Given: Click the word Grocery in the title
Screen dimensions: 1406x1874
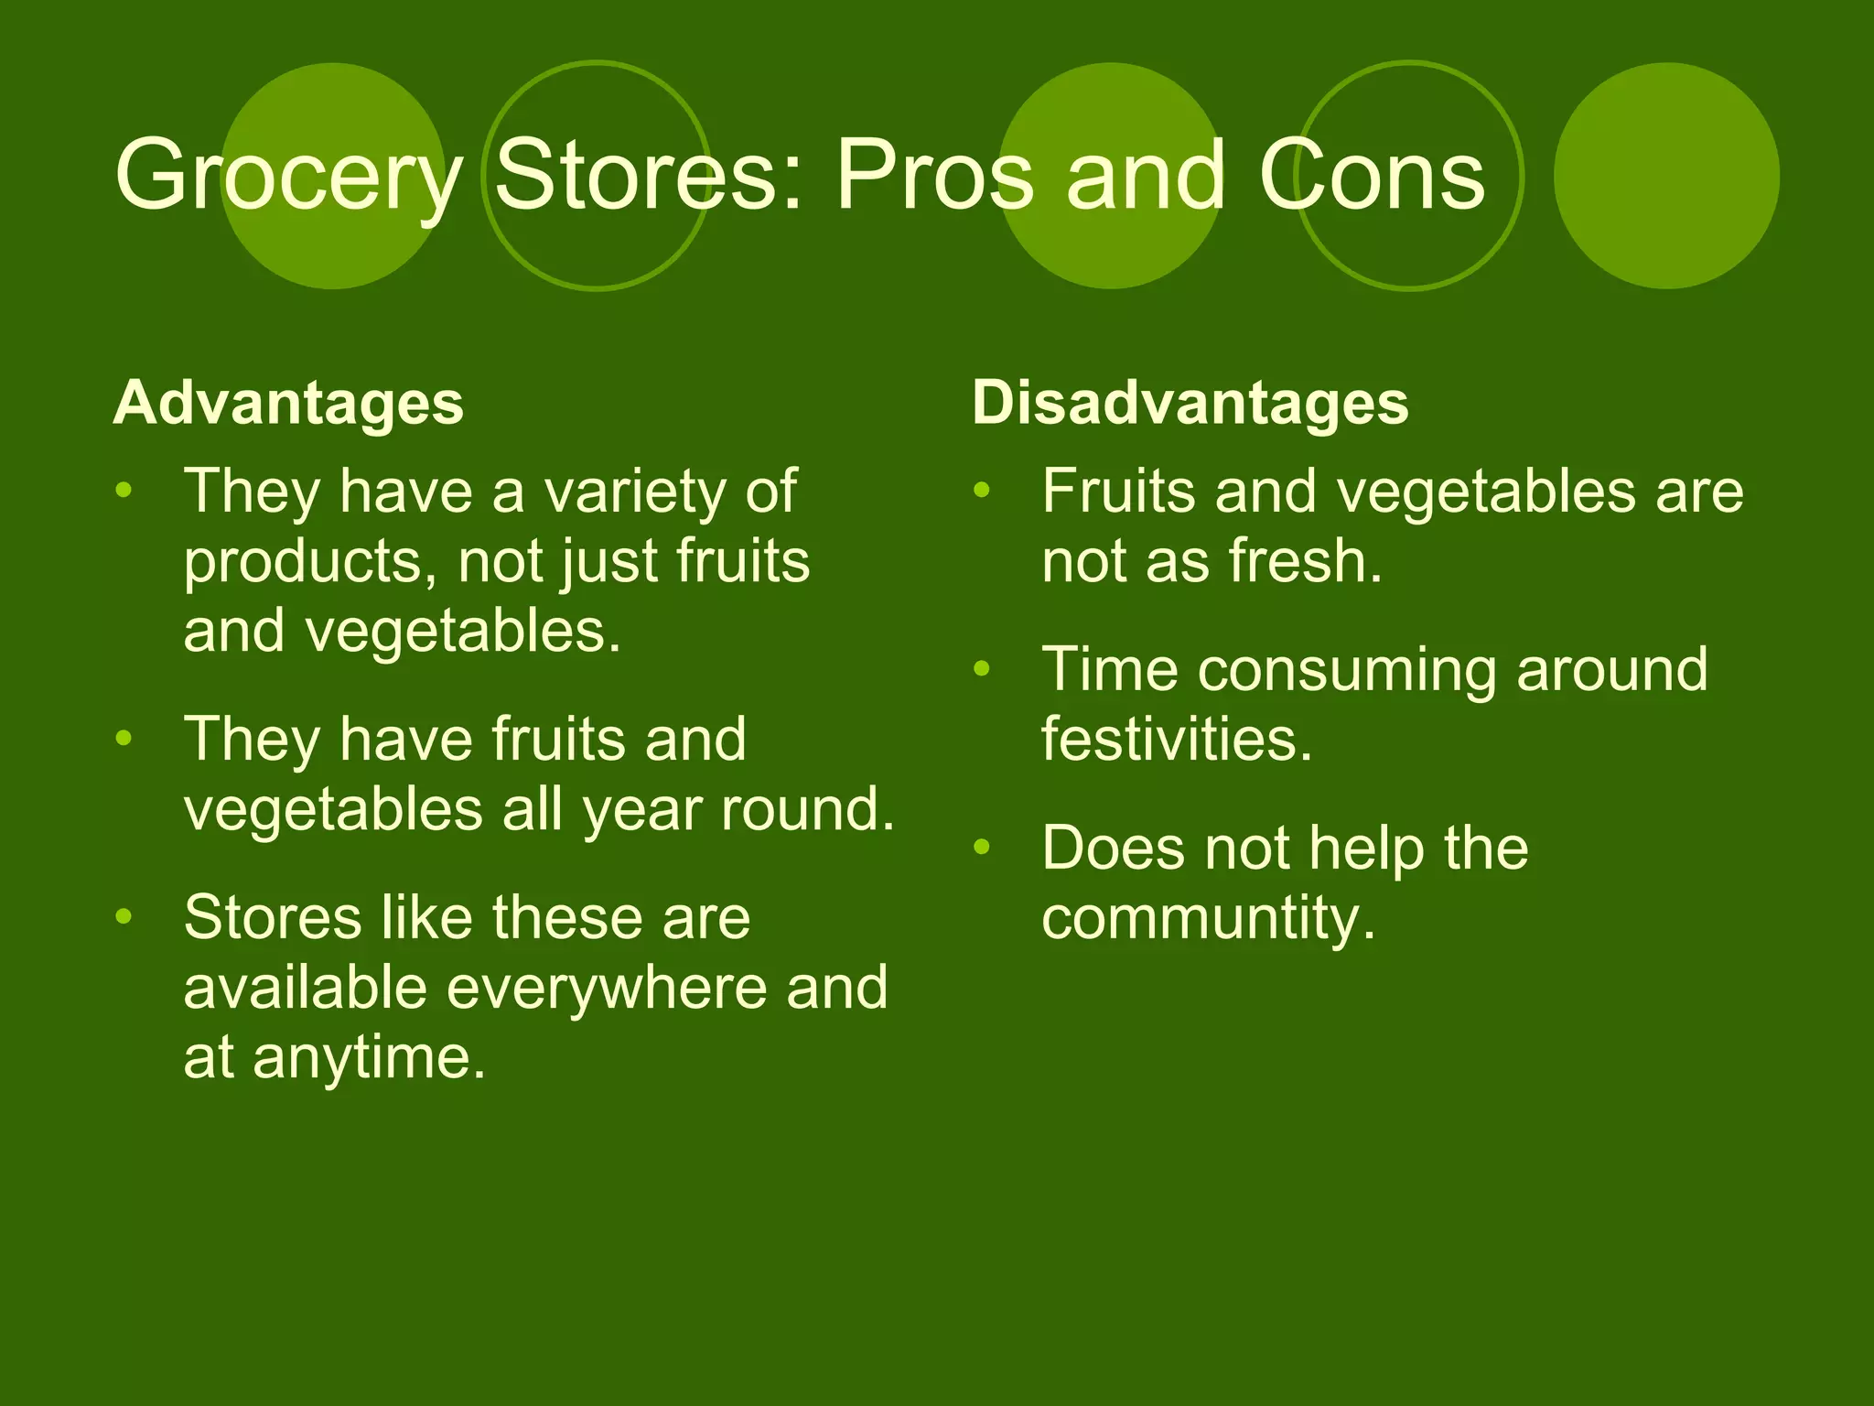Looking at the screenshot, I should tap(288, 176).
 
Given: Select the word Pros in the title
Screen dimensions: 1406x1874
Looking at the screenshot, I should tap(933, 176).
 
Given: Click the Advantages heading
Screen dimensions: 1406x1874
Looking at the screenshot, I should tap(288, 403).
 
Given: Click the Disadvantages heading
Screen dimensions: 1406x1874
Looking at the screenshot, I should tap(1190, 403).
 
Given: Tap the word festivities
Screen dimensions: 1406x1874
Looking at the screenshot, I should tap(1177, 739).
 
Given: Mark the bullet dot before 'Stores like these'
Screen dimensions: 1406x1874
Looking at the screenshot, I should tap(124, 916).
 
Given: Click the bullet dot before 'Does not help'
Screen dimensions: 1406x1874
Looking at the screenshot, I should tap(982, 847).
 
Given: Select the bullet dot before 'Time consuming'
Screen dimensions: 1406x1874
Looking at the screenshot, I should tap(982, 669).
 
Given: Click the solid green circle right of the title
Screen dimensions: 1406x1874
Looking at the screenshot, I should tap(1666, 176).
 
